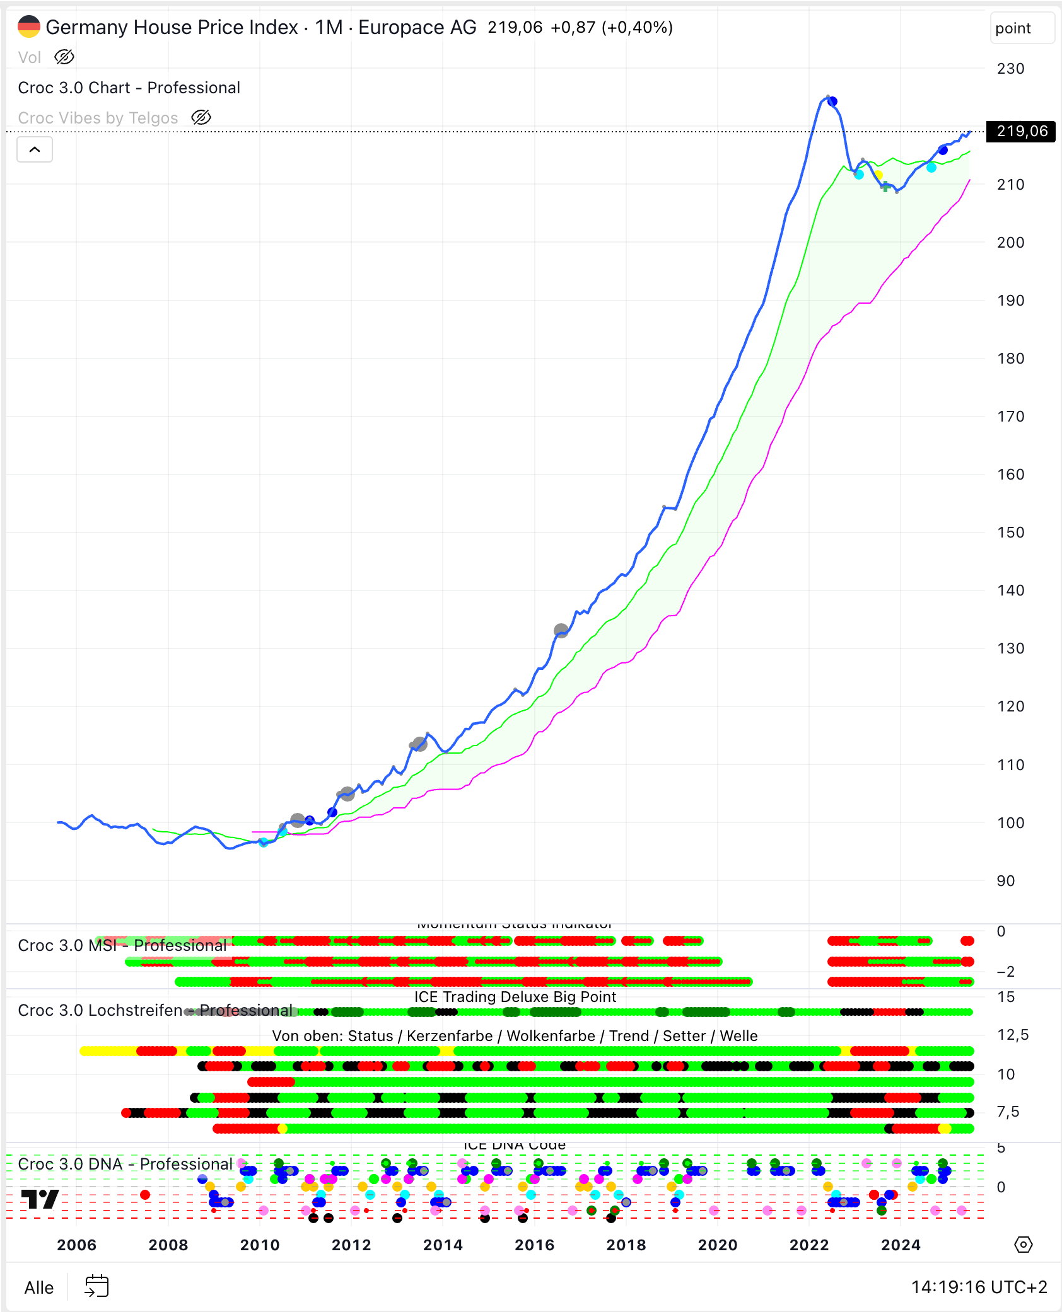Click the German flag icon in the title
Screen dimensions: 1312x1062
click(29, 27)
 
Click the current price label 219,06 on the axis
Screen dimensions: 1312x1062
click(1021, 131)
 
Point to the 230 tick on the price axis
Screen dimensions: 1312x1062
click(1010, 69)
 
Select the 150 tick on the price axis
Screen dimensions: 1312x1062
click(1010, 532)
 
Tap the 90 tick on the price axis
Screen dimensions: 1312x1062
click(1006, 881)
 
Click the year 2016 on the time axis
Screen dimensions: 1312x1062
click(534, 1245)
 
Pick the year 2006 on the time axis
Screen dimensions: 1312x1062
click(76, 1245)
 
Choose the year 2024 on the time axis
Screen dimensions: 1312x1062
click(901, 1245)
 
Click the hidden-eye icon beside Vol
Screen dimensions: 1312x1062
click(64, 57)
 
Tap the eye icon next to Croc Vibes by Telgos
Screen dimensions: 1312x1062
click(201, 118)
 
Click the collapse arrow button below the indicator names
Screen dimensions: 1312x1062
click(35, 150)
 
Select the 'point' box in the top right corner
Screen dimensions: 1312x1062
click(1022, 28)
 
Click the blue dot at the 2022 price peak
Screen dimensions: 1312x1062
click(832, 101)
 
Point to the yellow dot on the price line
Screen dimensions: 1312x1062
click(878, 175)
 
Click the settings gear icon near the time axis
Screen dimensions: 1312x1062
click(1023, 1245)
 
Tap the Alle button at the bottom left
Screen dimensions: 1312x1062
click(38, 1287)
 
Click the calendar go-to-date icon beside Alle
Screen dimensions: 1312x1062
click(96, 1286)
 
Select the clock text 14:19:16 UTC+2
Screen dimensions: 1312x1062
click(979, 1287)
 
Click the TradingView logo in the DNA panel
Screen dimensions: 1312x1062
click(40, 1199)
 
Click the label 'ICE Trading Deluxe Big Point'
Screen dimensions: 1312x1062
click(515, 997)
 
